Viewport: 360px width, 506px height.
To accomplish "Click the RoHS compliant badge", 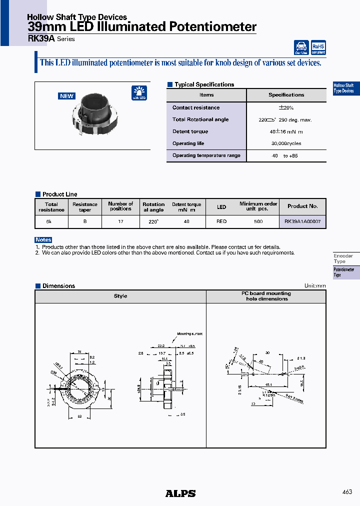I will click(x=318, y=47).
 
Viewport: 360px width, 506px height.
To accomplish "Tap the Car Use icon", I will click(x=301, y=47).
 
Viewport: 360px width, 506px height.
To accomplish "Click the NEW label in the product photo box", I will click(x=66, y=96).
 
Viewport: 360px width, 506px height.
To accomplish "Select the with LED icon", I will click(x=139, y=93).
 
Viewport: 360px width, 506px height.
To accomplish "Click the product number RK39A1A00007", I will click(x=302, y=221).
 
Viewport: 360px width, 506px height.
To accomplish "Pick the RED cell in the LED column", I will click(x=221, y=221).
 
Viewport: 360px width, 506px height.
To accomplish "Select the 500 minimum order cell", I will click(x=258, y=221).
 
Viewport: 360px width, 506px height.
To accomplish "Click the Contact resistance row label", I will click(x=196, y=107).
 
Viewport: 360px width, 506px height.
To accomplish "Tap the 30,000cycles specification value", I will click(x=286, y=143).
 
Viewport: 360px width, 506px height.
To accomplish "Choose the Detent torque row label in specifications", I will click(x=190, y=131).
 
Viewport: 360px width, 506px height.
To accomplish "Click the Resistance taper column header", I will click(x=85, y=207).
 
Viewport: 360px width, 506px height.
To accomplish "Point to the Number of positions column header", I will click(x=120, y=206).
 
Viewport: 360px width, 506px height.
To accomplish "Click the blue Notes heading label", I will click(x=43, y=240).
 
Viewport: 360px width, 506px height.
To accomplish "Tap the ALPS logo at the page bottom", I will click(x=180, y=493).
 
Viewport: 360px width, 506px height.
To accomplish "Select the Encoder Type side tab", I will click(x=343, y=258).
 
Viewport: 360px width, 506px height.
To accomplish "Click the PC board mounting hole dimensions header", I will click(x=266, y=296).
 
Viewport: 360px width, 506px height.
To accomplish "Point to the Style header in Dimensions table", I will click(x=120, y=296).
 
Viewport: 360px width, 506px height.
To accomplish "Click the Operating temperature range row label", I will click(x=206, y=155).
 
